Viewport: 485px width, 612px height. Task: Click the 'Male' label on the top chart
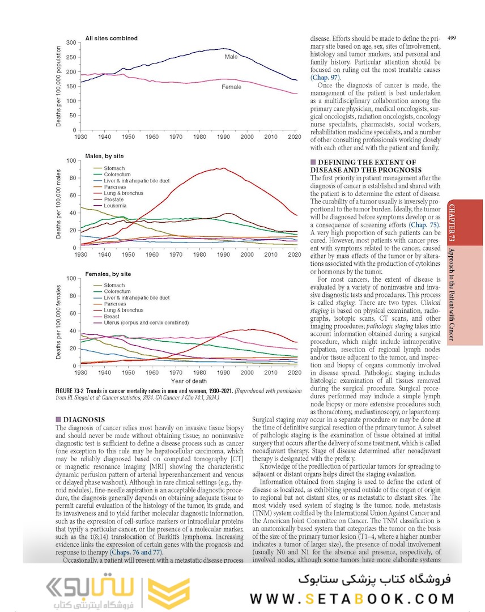[x=231, y=57]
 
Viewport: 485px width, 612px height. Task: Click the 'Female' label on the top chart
[x=231, y=87]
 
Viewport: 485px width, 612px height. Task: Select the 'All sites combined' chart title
[x=111, y=39]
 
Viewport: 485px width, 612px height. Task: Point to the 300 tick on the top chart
[x=71, y=43]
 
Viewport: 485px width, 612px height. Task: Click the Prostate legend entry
[x=113, y=199]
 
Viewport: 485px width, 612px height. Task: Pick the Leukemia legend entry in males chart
[x=115, y=206]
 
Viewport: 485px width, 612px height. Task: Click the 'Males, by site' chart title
[x=104, y=156]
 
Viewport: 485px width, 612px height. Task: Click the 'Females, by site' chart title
[x=108, y=274]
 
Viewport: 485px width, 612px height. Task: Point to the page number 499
[x=452, y=38]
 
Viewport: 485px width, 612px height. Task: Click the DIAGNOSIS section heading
[x=84, y=420]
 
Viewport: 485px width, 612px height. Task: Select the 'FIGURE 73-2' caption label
[x=74, y=392]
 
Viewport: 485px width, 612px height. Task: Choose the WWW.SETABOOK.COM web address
[x=351, y=599]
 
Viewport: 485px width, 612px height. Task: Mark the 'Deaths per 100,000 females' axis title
[x=59, y=322]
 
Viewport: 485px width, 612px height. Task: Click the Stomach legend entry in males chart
[x=114, y=168]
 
